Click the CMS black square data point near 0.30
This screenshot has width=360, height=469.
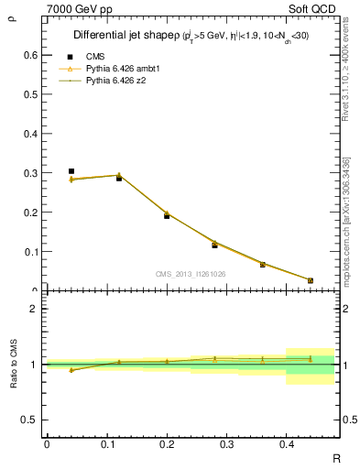coord(71,171)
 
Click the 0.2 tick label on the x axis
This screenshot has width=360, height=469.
coord(166,443)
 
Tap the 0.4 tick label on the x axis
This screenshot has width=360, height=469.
coord(286,443)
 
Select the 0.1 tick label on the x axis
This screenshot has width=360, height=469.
coord(106,443)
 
